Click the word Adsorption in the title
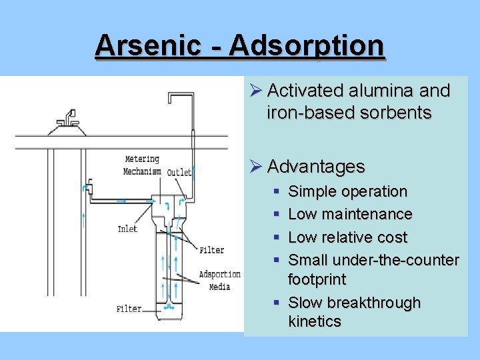pos(306,45)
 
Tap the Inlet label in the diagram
pos(127,229)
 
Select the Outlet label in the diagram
pos(179,172)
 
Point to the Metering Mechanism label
pos(142,165)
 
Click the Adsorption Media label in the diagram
pos(219,280)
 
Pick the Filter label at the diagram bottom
pos(129,309)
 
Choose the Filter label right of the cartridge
pos(212,250)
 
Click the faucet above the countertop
pos(67,122)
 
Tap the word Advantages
pos(317,166)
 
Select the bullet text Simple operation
pos(347,191)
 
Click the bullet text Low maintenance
pos(350,214)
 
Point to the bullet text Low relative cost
pos(347,237)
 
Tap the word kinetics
pos(315,321)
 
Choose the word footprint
pos(317,279)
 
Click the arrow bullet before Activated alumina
pos(257,91)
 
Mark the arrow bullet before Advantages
pos(257,166)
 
